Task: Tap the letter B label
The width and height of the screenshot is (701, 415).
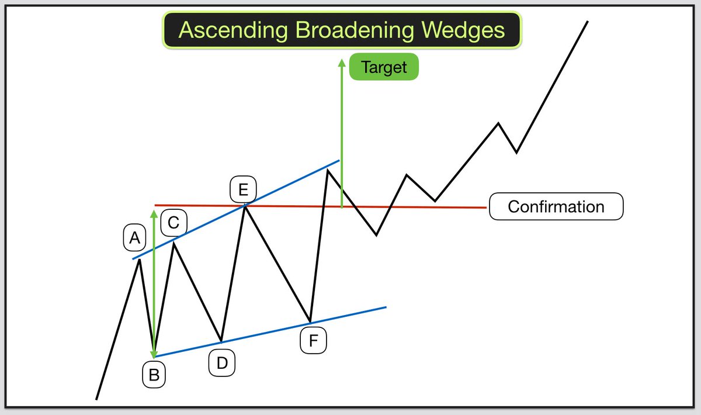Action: coord(154,375)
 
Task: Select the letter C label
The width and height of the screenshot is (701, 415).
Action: coord(173,222)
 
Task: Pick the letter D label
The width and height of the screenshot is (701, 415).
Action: coord(222,363)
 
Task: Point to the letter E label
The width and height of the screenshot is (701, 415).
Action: coord(243,189)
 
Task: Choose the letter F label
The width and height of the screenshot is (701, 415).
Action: coord(313,341)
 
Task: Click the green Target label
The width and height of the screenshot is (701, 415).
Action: coord(384,67)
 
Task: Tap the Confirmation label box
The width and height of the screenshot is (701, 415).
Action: coord(556,206)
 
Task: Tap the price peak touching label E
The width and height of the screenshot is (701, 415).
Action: coord(245,205)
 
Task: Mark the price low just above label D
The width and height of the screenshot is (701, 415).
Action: coord(221,341)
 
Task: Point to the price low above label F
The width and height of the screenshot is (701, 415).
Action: coord(310,321)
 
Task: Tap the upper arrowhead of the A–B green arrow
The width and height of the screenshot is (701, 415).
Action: coord(154,213)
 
